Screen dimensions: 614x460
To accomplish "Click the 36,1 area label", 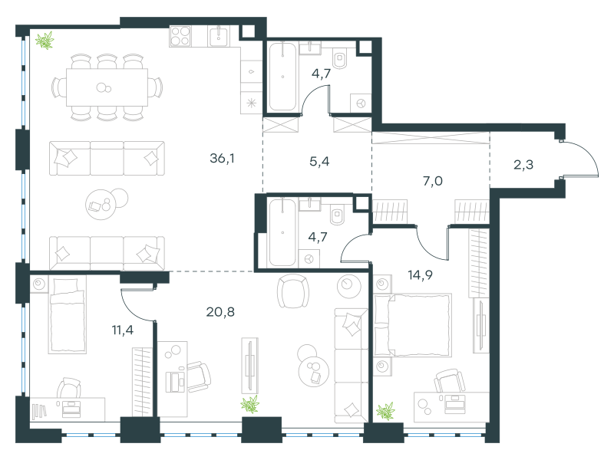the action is click(x=222, y=159).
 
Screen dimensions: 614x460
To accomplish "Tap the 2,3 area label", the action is click(x=523, y=165).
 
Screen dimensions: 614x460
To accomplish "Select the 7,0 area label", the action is click(x=433, y=181).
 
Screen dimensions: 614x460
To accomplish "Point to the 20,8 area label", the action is click(x=220, y=312).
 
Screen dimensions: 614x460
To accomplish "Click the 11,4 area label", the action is click(x=123, y=330).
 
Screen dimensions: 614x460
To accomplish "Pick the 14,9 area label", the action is click(x=420, y=275).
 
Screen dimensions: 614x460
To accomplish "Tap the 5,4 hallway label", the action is click(x=319, y=161).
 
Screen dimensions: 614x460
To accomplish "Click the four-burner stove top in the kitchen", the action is click(x=180, y=36).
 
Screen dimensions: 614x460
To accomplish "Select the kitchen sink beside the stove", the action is click(x=219, y=36).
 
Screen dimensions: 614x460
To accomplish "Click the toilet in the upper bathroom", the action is click(x=339, y=59).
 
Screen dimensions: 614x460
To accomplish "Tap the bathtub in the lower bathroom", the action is click(x=282, y=232).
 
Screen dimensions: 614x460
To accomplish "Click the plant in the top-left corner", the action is click(x=45, y=41).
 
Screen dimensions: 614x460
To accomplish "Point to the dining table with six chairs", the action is click(x=107, y=87).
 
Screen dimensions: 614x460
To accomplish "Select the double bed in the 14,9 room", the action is click(x=412, y=325).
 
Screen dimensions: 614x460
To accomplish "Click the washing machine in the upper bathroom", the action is click(x=360, y=103).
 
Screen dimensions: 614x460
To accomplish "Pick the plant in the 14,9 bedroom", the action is click(x=385, y=411).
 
